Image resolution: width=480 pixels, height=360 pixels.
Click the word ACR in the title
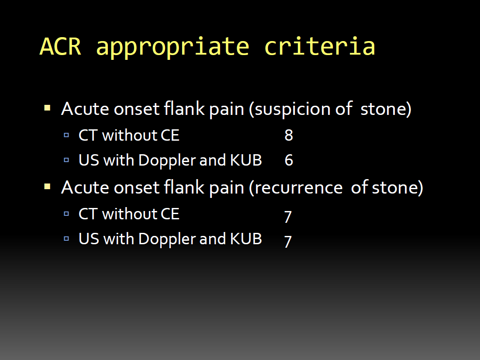61,47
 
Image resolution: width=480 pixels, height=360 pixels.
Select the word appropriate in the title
173,48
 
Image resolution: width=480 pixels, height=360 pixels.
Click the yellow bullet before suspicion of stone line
47,108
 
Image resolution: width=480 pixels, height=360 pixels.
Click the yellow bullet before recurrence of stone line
47,187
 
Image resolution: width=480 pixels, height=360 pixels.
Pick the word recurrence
298,188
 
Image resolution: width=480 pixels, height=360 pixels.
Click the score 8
289,135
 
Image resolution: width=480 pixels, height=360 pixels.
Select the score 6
289,160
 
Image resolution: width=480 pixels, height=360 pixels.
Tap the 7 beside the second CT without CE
288,217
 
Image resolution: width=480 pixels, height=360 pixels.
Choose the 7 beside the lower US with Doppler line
288,241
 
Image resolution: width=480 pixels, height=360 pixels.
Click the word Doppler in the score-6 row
167,161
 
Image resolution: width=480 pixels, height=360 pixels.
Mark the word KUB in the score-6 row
246,160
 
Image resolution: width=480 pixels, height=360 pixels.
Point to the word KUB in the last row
246,239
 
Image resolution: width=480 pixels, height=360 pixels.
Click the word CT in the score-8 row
88,135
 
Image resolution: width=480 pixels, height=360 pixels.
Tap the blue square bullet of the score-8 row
66,135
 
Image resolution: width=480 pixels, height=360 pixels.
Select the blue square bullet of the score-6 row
66,160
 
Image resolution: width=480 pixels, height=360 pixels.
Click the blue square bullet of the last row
66,239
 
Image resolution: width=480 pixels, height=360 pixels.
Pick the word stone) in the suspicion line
386,109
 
